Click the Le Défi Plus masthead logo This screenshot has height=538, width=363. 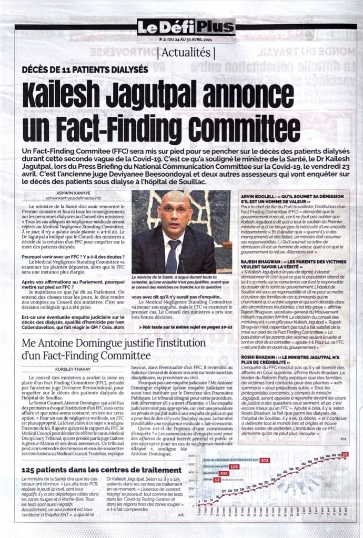(186, 27)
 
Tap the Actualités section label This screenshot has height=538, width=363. (186, 53)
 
